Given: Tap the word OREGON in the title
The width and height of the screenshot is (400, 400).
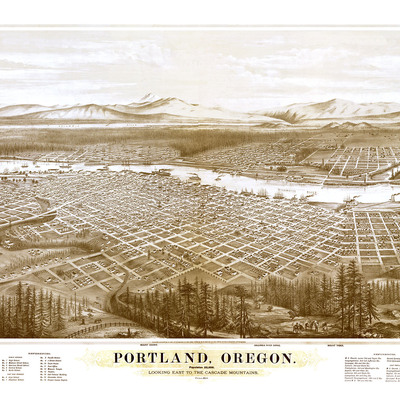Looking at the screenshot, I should [x=258, y=357].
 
